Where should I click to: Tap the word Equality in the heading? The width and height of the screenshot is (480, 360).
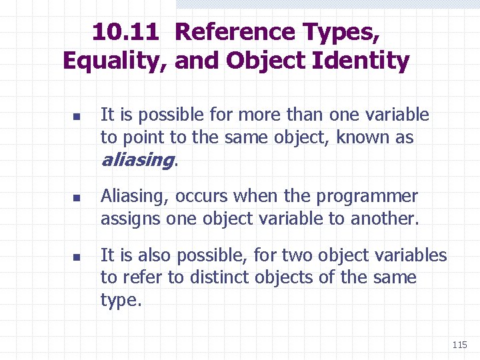pyautogui.click(x=114, y=61)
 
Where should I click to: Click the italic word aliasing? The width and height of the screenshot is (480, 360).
pyautogui.click(x=137, y=161)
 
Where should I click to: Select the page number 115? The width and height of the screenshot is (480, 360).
pyautogui.click(x=459, y=345)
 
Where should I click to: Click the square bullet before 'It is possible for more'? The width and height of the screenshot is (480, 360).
pyautogui.click(x=76, y=116)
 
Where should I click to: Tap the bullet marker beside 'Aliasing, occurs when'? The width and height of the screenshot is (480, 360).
pyautogui.click(x=76, y=197)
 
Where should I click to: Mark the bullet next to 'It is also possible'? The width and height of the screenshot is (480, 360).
pyautogui.click(x=76, y=256)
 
